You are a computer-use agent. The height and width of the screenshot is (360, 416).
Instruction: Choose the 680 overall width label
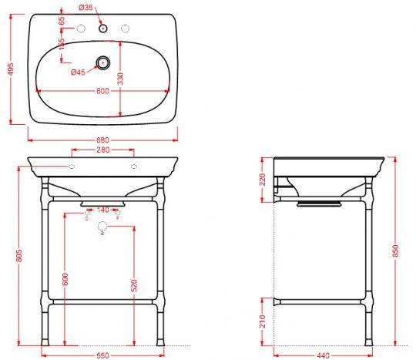tap(102, 140)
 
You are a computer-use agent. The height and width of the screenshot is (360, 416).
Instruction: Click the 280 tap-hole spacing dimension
tap(102, 151)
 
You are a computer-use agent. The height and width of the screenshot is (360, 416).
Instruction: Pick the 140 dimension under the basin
tap(102, 210)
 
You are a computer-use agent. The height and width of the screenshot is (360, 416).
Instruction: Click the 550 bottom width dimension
tap(103, 355)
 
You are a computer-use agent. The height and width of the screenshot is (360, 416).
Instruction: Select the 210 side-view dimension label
tap(263, 320)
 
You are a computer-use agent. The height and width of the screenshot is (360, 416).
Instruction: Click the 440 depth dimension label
tap(324, 355)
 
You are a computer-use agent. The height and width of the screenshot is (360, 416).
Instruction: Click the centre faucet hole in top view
tap(102, 29)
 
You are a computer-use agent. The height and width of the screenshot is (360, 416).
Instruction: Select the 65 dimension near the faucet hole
tap(62, 21)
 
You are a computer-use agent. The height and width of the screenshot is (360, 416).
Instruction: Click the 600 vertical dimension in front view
tap(66, 278)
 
